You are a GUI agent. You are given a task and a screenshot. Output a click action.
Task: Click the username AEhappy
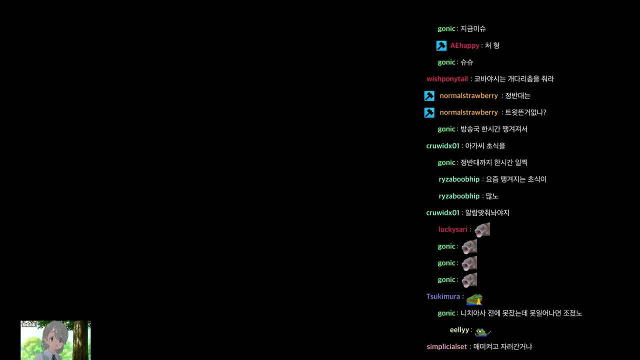(x=464, y=45)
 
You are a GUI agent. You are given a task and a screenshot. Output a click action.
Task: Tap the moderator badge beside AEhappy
(x=441, y=45)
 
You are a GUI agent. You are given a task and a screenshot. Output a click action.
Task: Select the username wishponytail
(x=447, y=79)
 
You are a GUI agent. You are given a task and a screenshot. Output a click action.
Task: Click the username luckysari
(x=453, y=229)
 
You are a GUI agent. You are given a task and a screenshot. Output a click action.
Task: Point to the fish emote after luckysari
(x=482, y=229)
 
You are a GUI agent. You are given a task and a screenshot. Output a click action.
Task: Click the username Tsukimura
(x=443, y=296)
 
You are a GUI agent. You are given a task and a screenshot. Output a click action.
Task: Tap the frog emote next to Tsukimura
(x=474, y=299)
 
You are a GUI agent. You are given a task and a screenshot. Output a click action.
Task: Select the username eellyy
(x=459, y=330)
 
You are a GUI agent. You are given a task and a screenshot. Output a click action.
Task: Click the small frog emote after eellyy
(x=483, y=332)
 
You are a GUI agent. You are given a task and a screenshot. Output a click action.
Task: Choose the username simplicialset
(x=446, y=347)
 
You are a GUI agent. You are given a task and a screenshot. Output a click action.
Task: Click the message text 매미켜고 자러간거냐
(x=503, y=347)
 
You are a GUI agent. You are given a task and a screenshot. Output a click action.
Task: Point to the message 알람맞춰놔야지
(x=487, y=213)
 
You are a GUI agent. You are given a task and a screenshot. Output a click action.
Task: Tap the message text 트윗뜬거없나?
(x=525, y=112)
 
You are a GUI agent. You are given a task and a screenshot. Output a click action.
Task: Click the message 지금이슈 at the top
(x=473, y=29)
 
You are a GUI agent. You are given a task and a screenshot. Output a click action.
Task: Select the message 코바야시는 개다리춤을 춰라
(x=514, y=79)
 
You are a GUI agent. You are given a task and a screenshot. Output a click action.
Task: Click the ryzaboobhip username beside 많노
(x=459, y=196)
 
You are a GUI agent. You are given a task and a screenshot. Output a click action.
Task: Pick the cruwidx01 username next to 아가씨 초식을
(x=443, y=146)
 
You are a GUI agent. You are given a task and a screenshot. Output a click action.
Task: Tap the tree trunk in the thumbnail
(x=80, y=340)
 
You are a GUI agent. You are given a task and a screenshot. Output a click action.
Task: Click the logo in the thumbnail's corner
(x=29, y=324)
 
